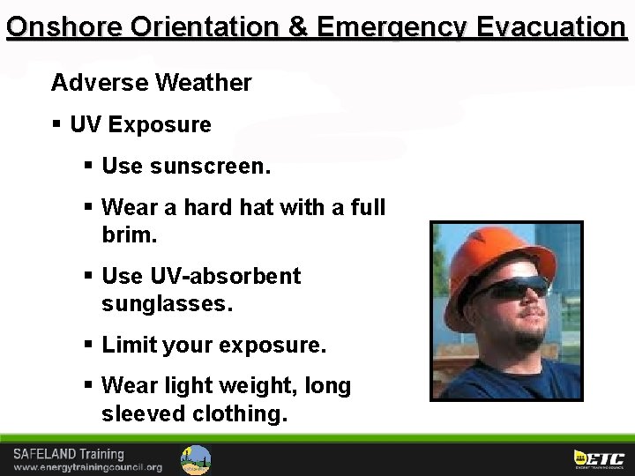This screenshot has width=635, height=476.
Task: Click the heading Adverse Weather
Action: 151,83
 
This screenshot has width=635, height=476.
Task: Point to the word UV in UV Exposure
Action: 86,125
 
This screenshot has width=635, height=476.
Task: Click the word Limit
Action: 129,345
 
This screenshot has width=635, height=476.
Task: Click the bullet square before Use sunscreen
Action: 88,165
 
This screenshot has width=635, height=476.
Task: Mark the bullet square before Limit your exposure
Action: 88,344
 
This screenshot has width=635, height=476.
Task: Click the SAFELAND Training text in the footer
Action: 68,455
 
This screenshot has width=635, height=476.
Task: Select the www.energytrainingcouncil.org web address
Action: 87,467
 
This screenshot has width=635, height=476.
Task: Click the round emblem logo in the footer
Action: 196,459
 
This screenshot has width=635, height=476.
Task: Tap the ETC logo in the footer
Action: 599,458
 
